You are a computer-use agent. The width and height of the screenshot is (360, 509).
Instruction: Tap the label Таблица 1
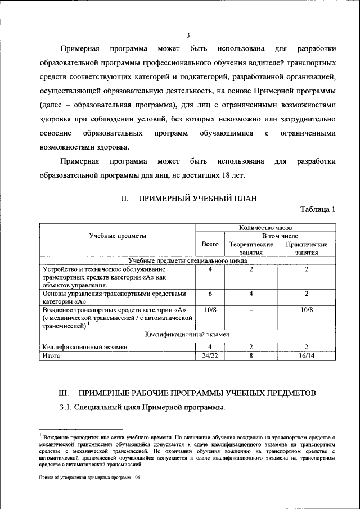click(318, 210)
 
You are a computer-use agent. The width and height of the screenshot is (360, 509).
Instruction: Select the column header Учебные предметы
click(117, 236)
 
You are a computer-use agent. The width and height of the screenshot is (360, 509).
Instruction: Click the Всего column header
click(210, 244)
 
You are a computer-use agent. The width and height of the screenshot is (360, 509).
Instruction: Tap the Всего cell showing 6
click(210, 293)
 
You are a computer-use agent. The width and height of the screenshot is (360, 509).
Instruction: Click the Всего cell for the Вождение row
click(210, 310)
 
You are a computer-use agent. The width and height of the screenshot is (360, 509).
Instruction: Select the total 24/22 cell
click(210, 355)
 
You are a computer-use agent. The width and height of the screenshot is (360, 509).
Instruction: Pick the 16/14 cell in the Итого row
click(307, 355)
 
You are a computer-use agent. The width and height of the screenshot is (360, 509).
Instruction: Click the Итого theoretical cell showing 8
click(251, 355)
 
